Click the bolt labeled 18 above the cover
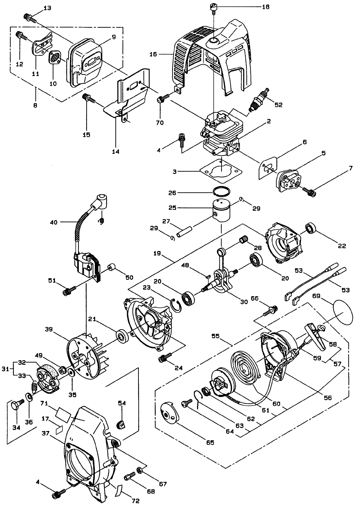[x=214, y=7]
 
